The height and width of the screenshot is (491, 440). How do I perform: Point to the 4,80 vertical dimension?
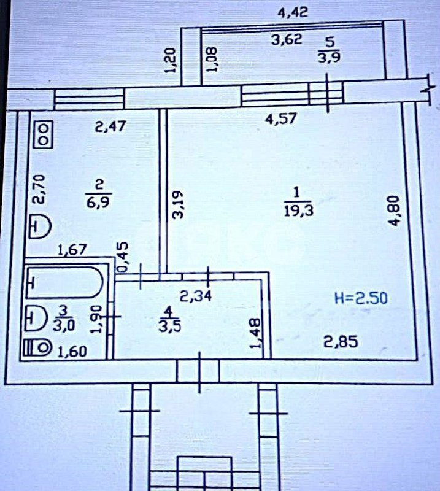(397, 212)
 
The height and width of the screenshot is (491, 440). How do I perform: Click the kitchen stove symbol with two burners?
(44, 134)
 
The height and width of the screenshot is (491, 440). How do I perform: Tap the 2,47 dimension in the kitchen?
(111, 128)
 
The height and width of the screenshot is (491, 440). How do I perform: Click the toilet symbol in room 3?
(38, 349)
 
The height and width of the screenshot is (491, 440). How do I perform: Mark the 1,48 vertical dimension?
(256, 334)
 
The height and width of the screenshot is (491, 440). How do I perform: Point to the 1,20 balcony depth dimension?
(171, 61)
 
